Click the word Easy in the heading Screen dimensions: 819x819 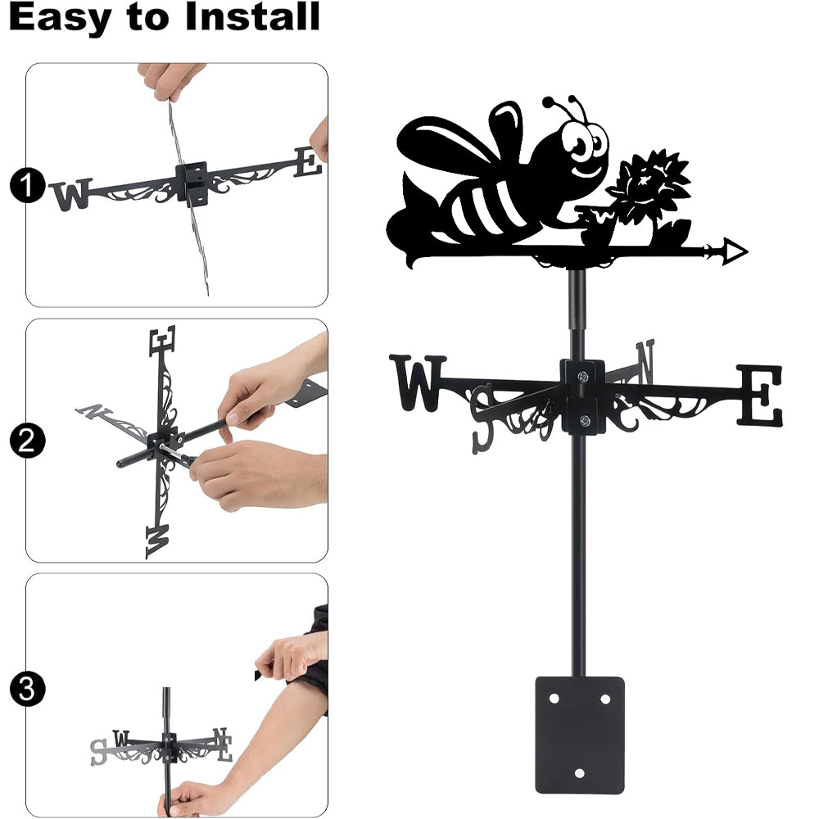[x=61, y=18]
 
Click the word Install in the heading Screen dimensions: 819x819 [x=252, y=16]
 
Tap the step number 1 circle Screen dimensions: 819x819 [x=27, y=185]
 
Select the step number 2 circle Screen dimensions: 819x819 [x=27, y=441]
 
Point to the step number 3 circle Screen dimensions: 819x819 [x=27, y=690]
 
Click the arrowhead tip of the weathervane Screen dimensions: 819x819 [x=748, y=251]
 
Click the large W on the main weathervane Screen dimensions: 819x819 [x=418, y=382]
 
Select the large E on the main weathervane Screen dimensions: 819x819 [x=760, y=395]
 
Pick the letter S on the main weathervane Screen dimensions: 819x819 [x=482, y=419]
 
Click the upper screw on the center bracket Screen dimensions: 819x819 [x=583, y=376]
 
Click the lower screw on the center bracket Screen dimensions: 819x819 [x=585, y=420]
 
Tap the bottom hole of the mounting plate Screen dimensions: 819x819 [x=579, y=773]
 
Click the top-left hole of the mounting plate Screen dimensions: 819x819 [x=554, y=699]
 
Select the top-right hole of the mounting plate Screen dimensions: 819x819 [x=605, y=699]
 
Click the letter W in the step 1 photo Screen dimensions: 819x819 [x=71, y=194]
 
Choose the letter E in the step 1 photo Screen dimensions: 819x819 [x=307, y=162]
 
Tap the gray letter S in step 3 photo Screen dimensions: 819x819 [x=98, y=752]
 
